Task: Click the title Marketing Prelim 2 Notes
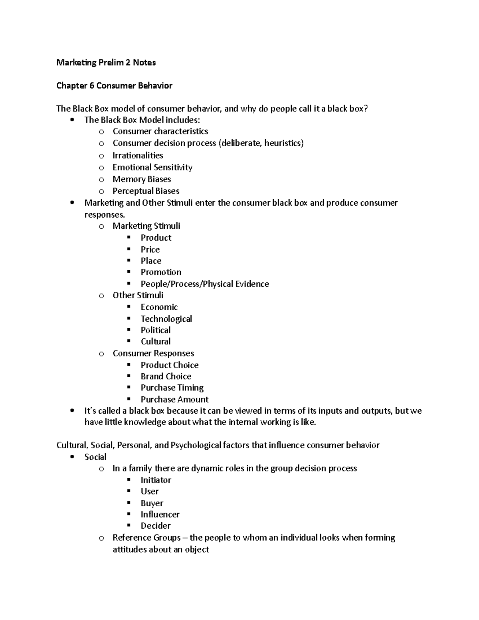coord(106,62)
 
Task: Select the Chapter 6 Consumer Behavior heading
coord(114,85)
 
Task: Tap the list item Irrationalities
coord(138,155)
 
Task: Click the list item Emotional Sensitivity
coord(152,167)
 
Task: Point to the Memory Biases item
coord(142,179)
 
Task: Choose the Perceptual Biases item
coord(146,191)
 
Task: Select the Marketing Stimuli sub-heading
coord(146,226)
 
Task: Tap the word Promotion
coord(161,272)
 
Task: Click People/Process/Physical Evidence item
coord(205,284)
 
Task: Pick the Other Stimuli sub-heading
coord(138,295)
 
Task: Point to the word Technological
coord(166,319)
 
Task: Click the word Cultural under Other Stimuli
coord(155,341)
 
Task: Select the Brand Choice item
coord(166,376)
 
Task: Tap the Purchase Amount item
coord(174,399)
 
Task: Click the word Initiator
coord(156,480)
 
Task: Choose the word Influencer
coord(160,514)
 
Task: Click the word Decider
coord(155,526)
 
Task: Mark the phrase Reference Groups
coord(146,538)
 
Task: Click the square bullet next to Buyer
coord(129,503)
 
